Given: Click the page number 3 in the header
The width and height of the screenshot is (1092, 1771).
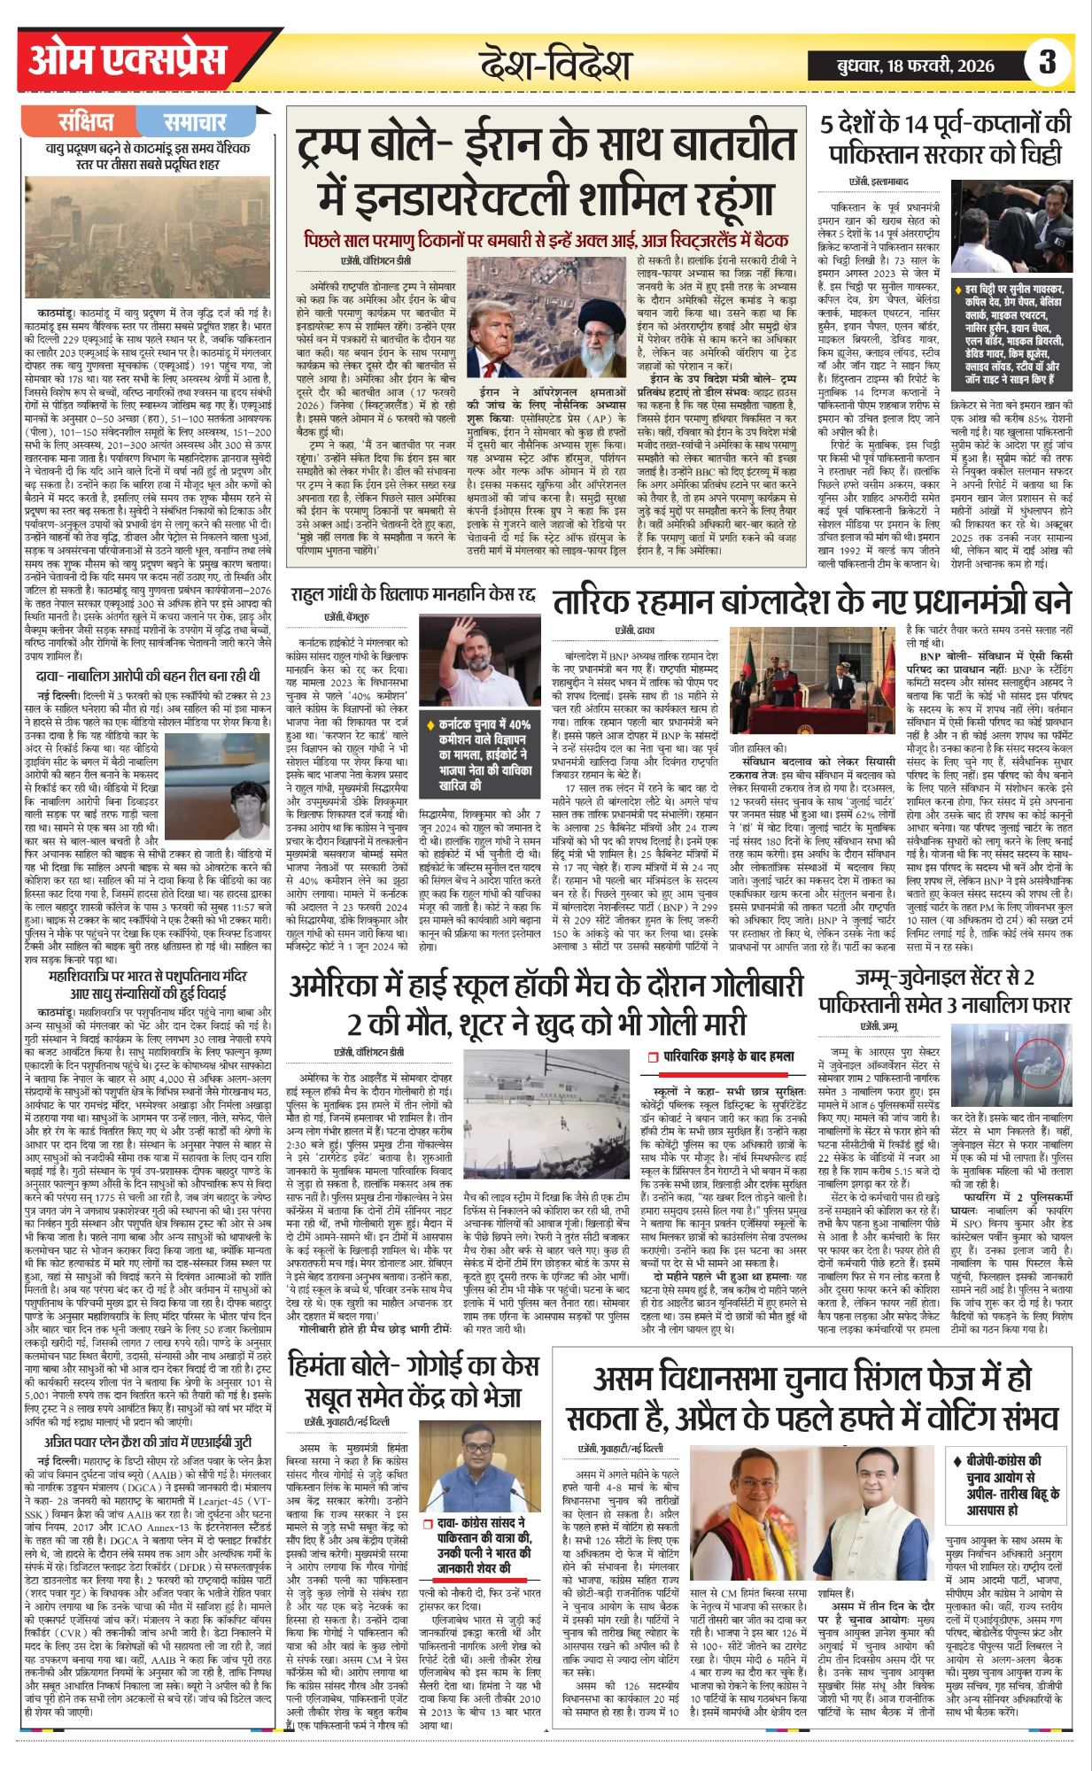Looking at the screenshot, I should tap(1048, 62).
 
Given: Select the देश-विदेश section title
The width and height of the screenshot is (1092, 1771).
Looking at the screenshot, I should tap(555, 65).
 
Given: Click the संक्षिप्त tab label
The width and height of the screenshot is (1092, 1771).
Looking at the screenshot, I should tap(86, 121).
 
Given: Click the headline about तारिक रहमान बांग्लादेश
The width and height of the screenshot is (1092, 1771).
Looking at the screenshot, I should tap(812, 601).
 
